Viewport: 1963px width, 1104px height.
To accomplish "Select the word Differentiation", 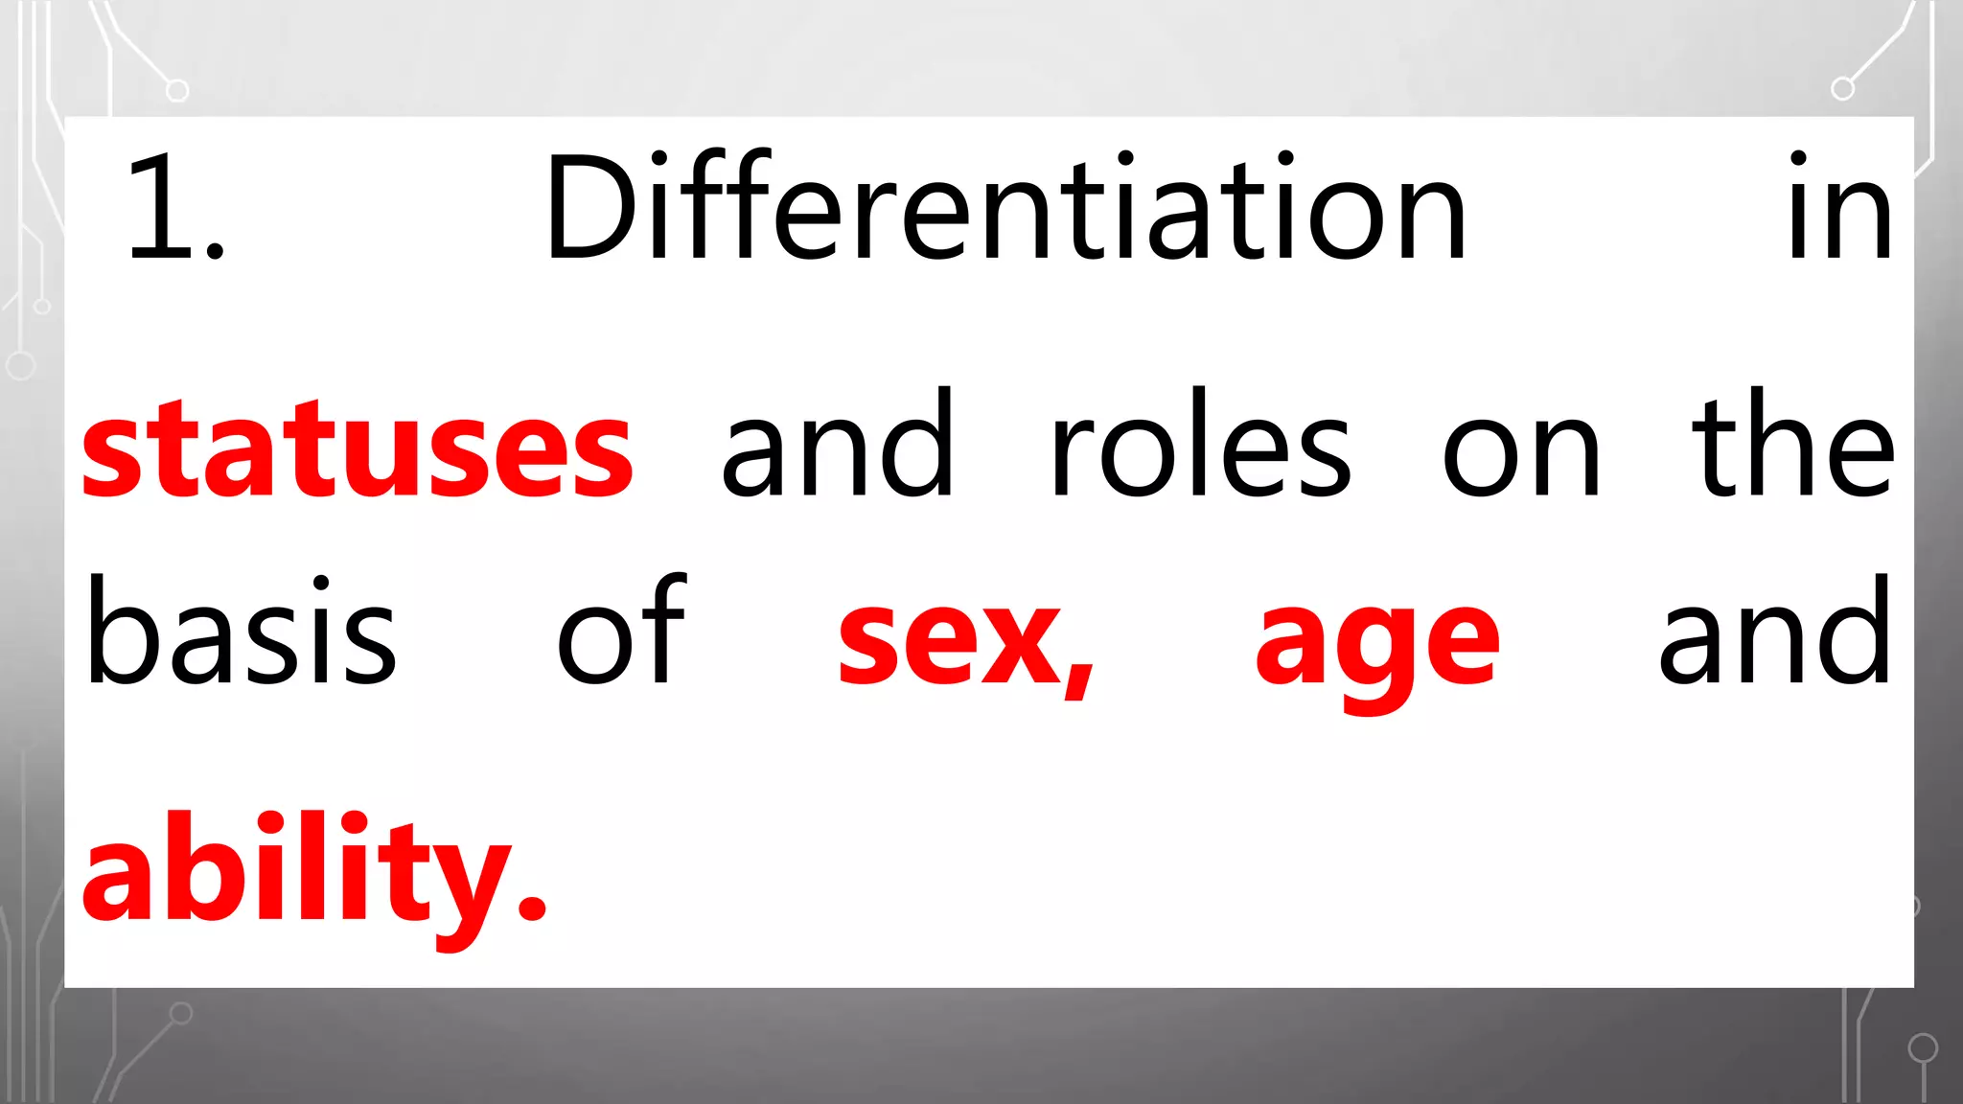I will (1005, 208).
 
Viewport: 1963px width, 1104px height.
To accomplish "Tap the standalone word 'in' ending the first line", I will (1839, 208).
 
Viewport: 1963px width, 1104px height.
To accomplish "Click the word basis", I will (241, 632).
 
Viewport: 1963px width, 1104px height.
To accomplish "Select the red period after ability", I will (531, 905).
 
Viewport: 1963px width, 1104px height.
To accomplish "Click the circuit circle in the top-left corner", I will (177, 91).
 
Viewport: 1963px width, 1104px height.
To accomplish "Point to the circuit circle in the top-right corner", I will (1842, 89).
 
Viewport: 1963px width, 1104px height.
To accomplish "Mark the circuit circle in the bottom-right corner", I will (1923, 1047).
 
